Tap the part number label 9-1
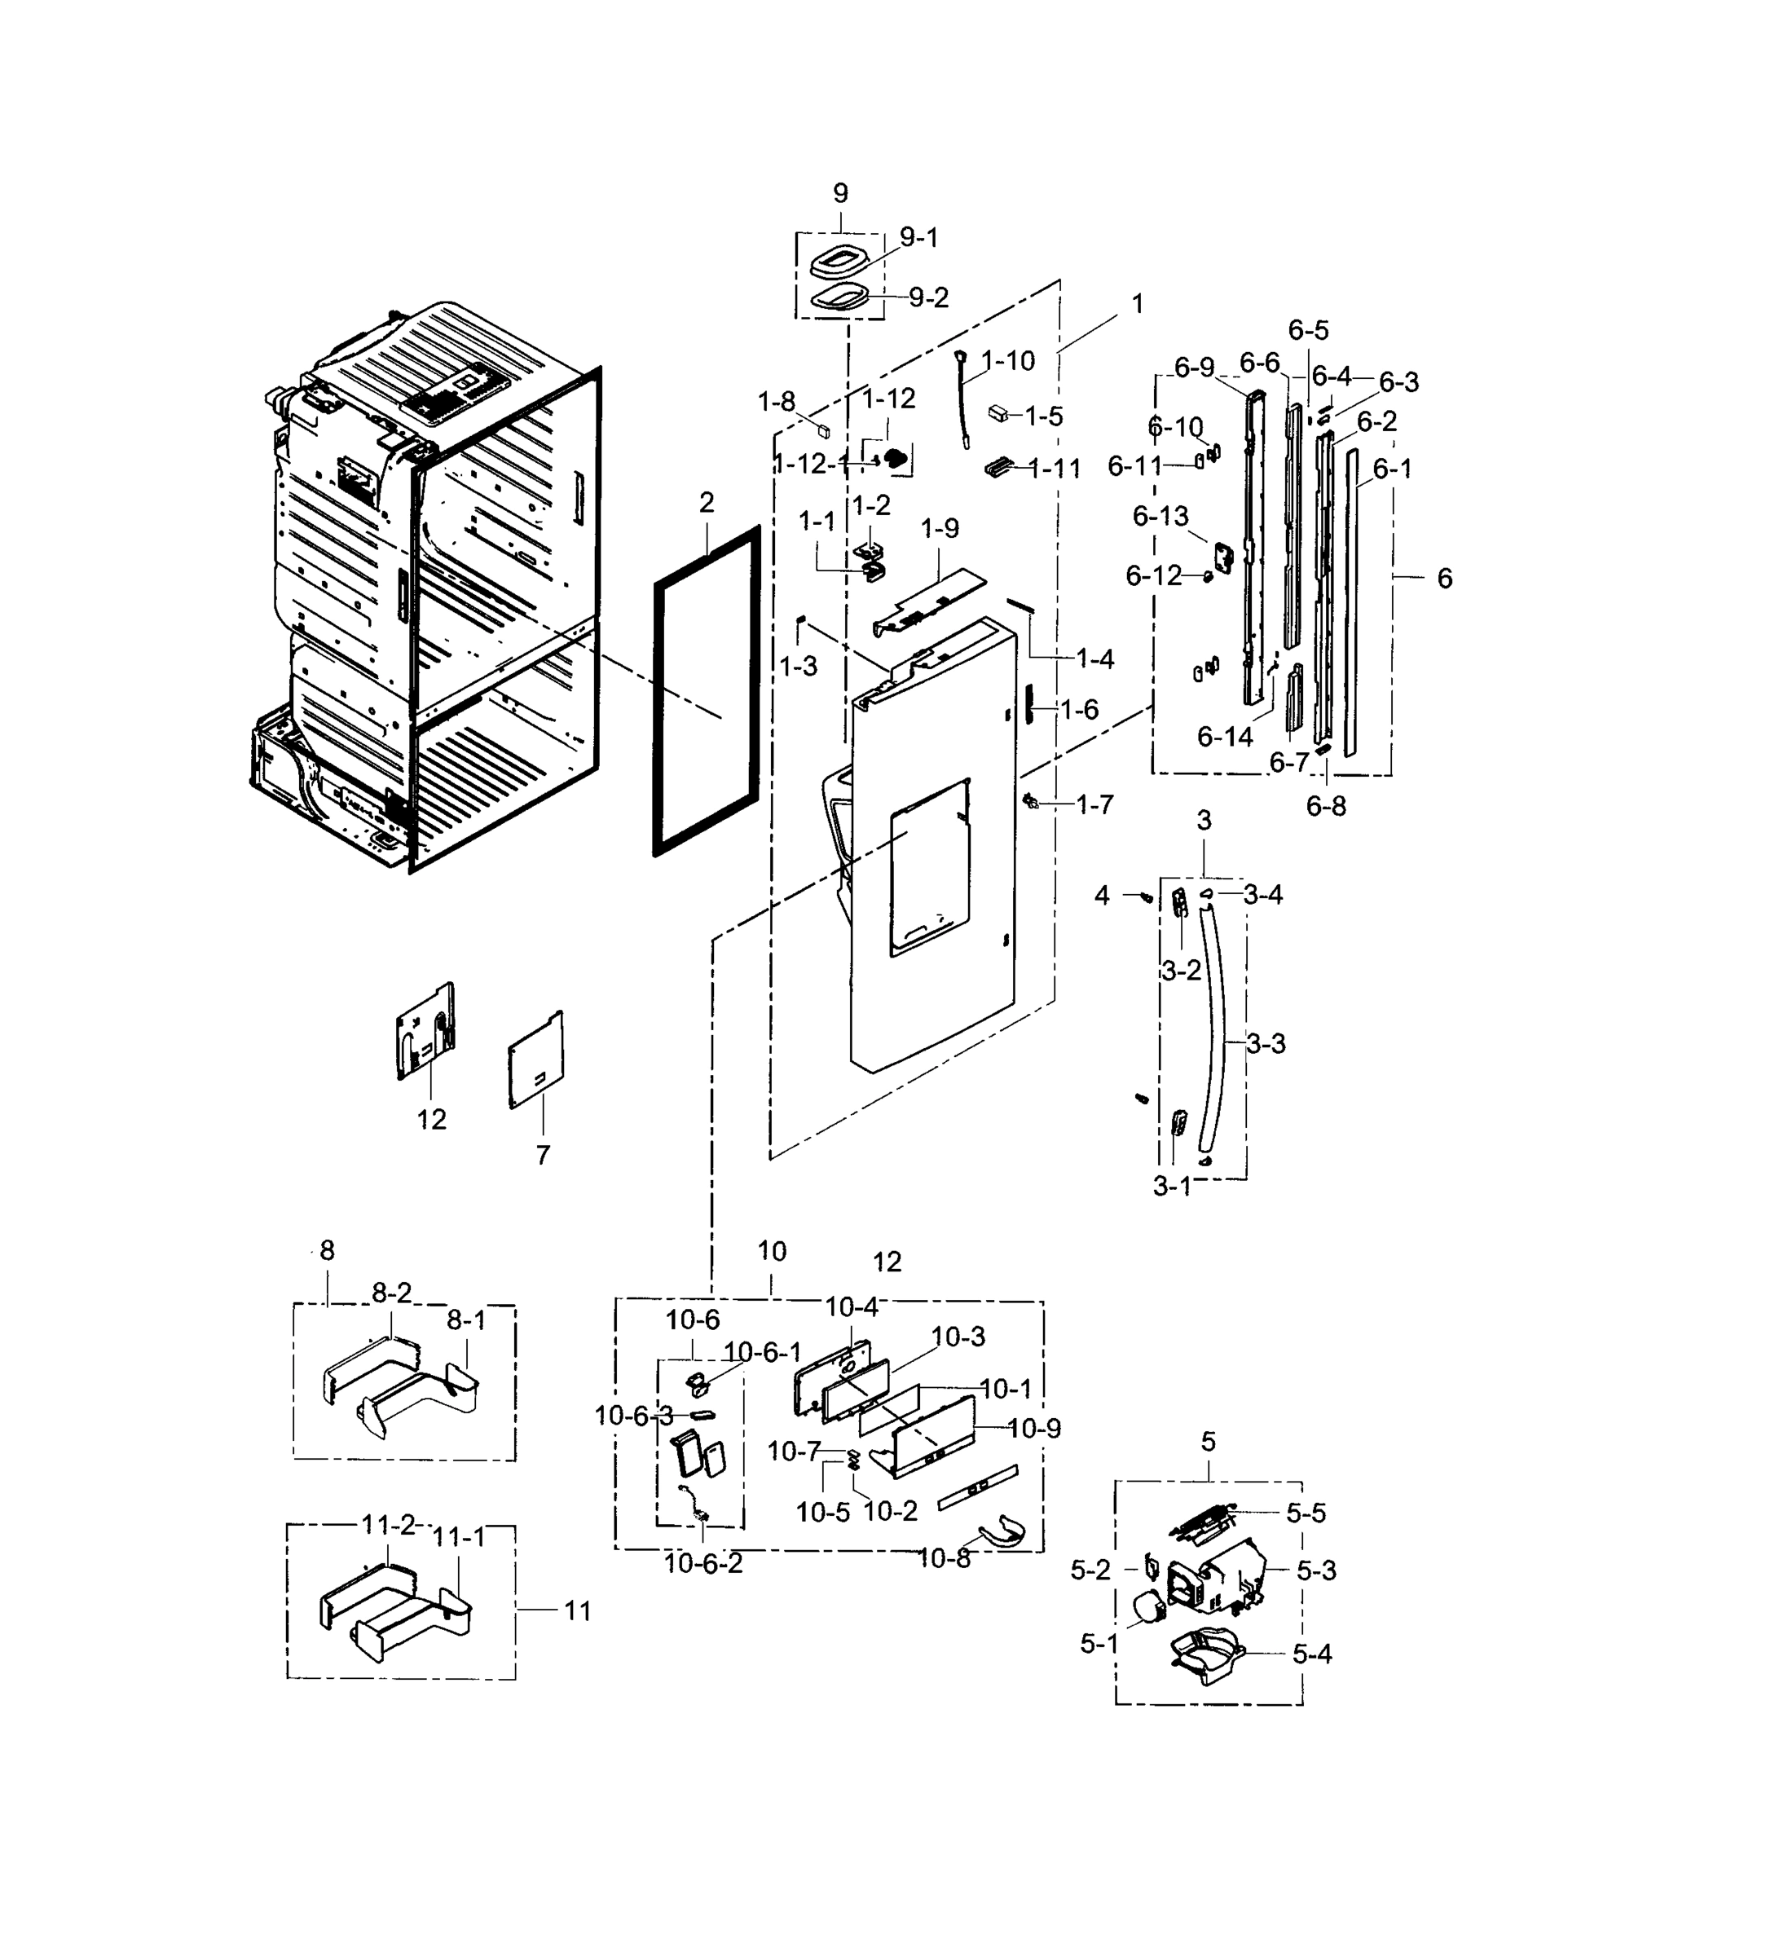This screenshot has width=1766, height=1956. [919, 238]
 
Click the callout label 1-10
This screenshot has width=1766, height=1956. [1008, 361]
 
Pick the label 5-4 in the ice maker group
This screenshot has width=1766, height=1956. [1312, 1654]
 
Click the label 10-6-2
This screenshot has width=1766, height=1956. [703, 1564]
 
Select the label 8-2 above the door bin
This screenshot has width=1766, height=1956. [391, 1293]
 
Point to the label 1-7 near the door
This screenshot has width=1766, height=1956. [1094, 804]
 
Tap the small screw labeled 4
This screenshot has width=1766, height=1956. [1144, 897]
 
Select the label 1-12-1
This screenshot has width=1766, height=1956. [811, 465]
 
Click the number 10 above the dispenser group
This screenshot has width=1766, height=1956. [772, 1252]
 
